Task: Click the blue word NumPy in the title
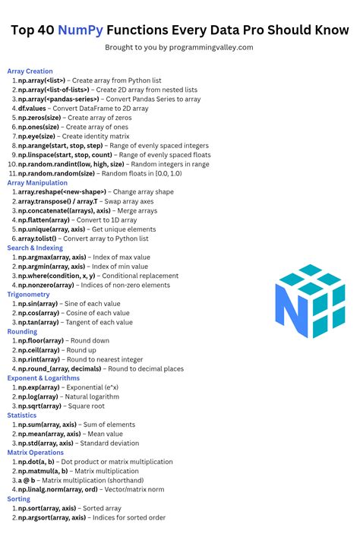128,30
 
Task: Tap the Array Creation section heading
30,71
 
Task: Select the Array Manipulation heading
37,182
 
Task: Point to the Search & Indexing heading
35,248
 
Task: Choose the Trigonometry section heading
28,294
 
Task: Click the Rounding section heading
22,331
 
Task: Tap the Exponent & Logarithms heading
43,377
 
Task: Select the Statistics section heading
22,415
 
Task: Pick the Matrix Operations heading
36,452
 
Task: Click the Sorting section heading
19,499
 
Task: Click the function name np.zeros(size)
40,117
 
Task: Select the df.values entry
33,108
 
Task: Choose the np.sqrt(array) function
39,406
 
